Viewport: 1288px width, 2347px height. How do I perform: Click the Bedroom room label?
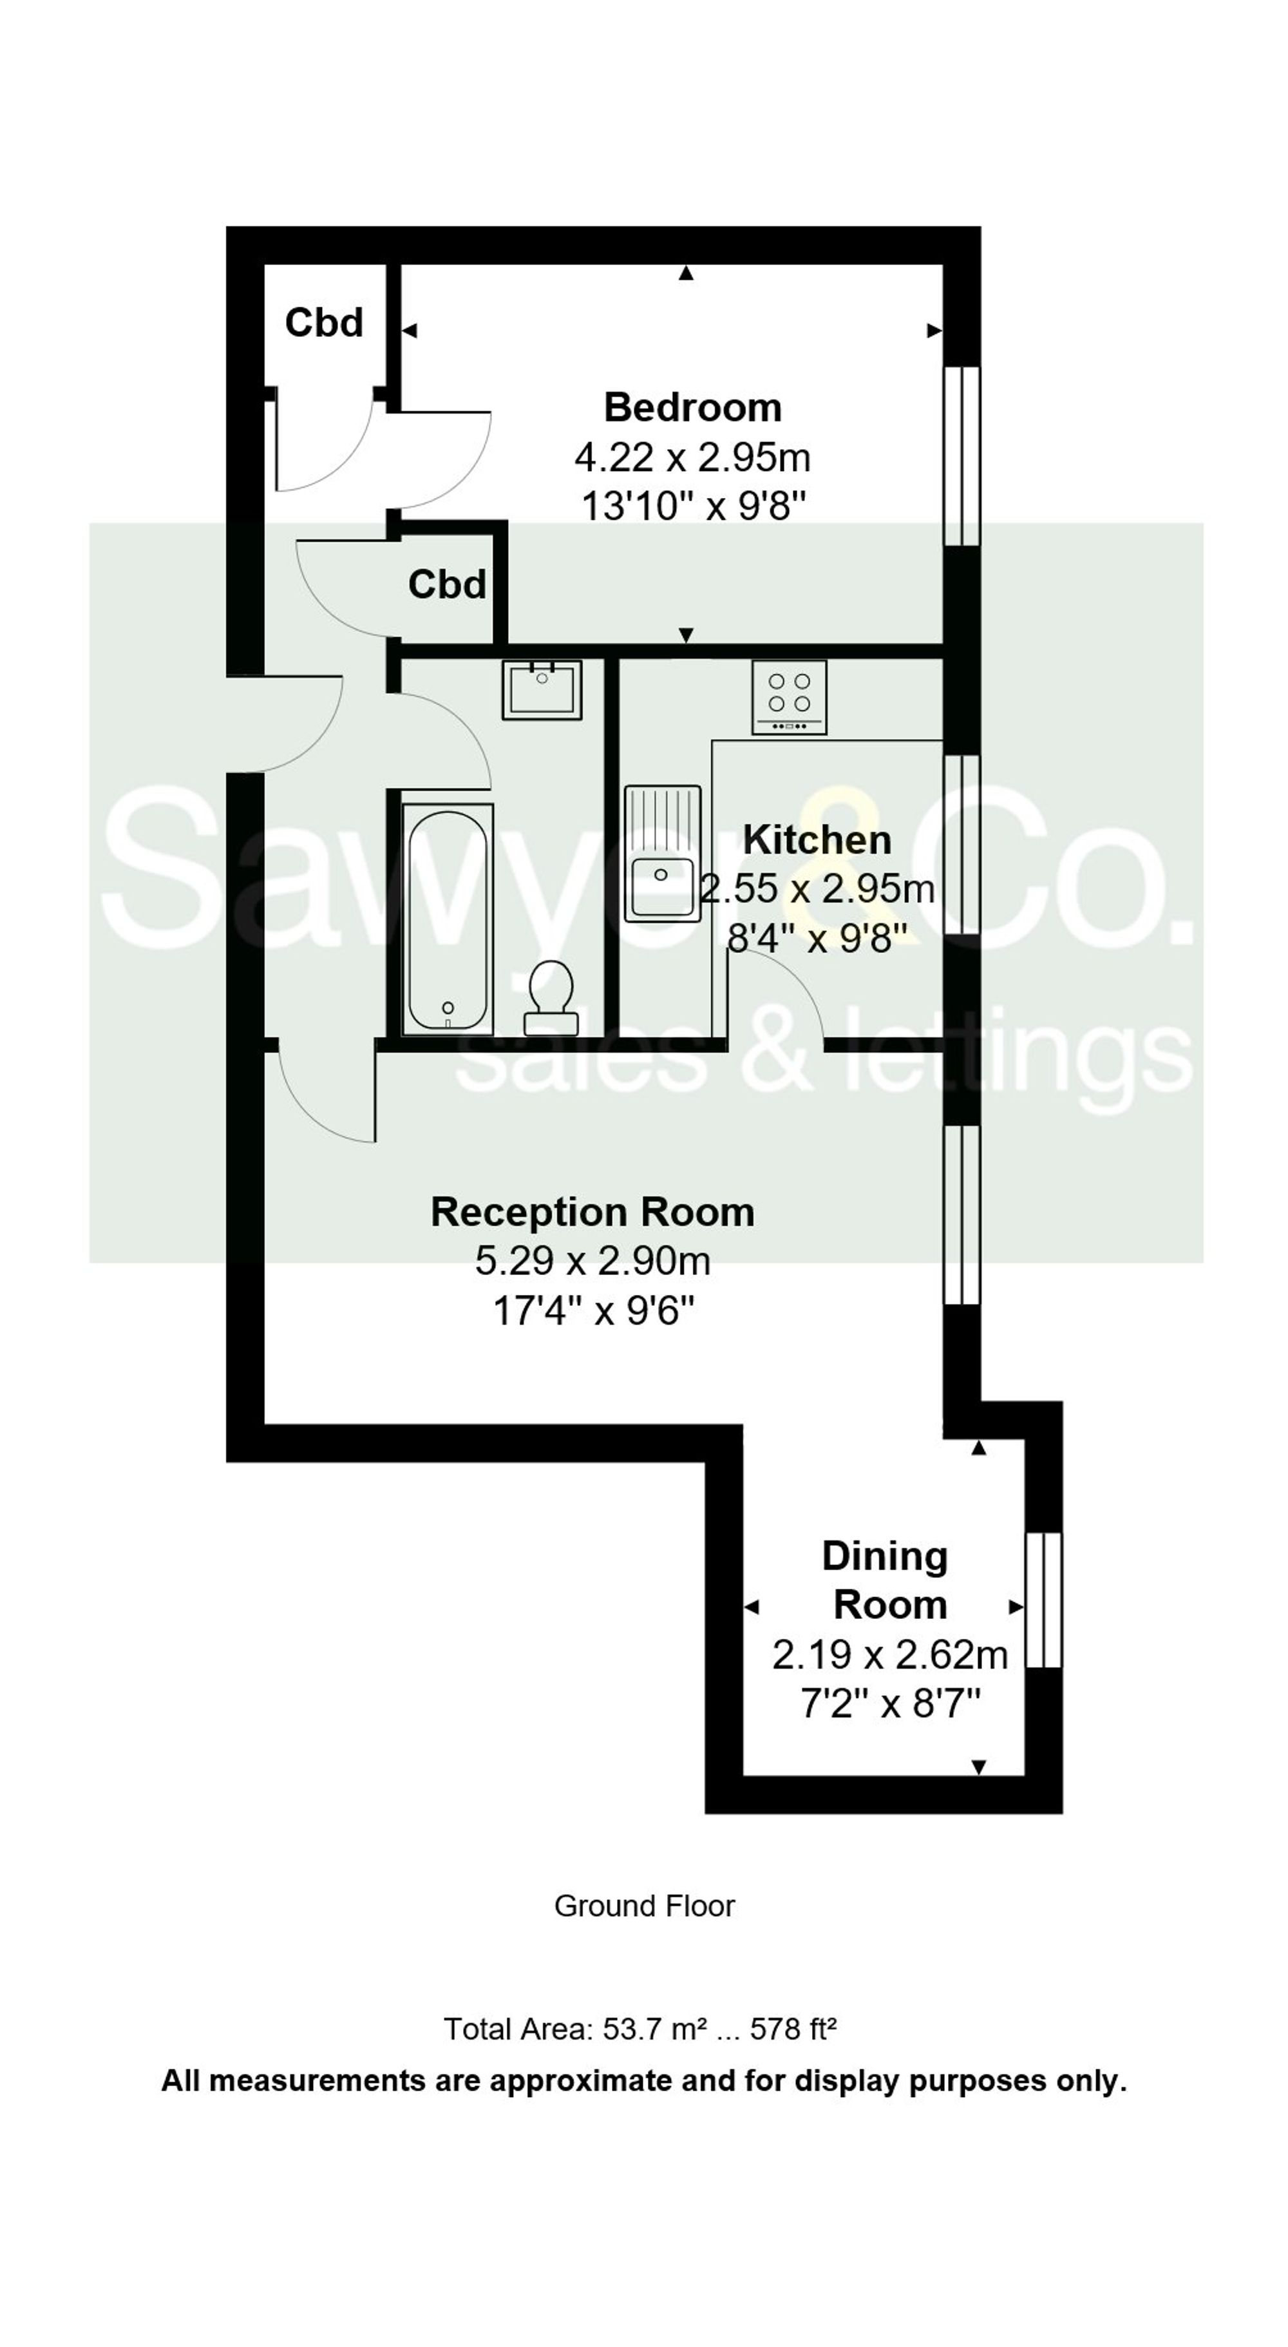click(x=692, y=407)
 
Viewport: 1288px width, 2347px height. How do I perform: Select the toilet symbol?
click(x=551, y=998)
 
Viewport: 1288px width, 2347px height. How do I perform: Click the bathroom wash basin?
click(x=542, y=690)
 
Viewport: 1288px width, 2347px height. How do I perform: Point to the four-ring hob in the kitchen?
click(x=789, y=697)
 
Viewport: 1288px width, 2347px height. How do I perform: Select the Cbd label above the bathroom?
click(x=446, y=584)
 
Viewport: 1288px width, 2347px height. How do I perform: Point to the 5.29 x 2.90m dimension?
click(x=592, y=1261)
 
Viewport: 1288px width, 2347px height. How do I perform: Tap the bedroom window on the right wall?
click(x=961, y=455)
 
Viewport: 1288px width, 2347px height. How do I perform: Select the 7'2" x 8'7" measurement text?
click(x=890, y=1702)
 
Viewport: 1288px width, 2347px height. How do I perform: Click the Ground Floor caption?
click(x=644, y=1906)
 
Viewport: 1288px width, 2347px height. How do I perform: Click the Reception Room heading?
click(x=592, y=1212)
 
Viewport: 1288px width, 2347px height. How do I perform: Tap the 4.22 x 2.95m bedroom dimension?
click(x=692, y=457)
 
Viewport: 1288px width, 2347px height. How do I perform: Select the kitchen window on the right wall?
click(x=961, y=844)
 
